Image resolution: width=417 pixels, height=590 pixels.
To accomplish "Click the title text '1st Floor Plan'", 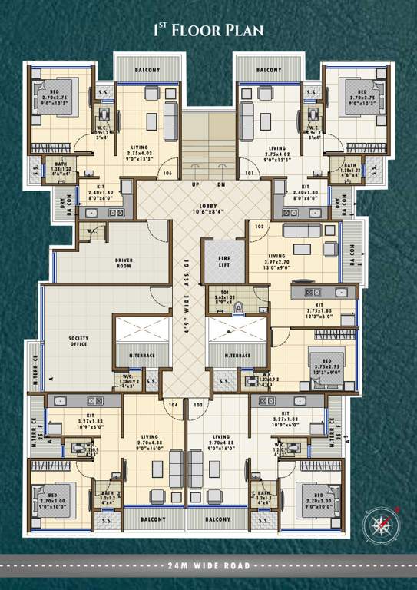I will coord(208,30).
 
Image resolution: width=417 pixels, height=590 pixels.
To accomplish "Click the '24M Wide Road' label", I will coord(208,565).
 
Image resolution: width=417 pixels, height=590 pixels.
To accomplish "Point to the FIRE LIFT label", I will coord(223,261).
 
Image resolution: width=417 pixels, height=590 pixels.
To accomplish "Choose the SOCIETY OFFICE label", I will coord(77,342).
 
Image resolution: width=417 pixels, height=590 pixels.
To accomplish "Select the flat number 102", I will coord(259,227).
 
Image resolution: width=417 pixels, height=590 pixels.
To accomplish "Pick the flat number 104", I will coord(173,403).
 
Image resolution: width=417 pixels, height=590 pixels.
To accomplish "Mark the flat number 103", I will coord(198,403).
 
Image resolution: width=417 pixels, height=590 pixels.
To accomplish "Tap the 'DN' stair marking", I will coord(220,184).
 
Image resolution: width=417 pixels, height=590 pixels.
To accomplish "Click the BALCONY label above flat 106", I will coord(147,70).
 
